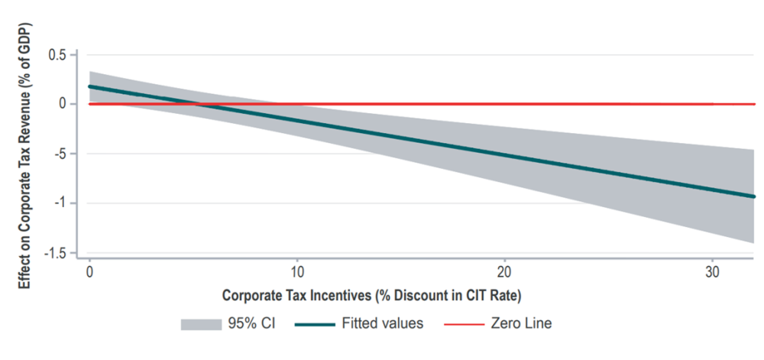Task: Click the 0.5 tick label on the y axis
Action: pos(58,54)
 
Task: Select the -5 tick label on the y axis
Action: pos(62,154)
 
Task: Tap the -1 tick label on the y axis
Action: pos(62,203)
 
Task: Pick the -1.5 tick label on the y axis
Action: pos(56,253)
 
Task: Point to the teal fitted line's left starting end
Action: pos(90,86)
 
